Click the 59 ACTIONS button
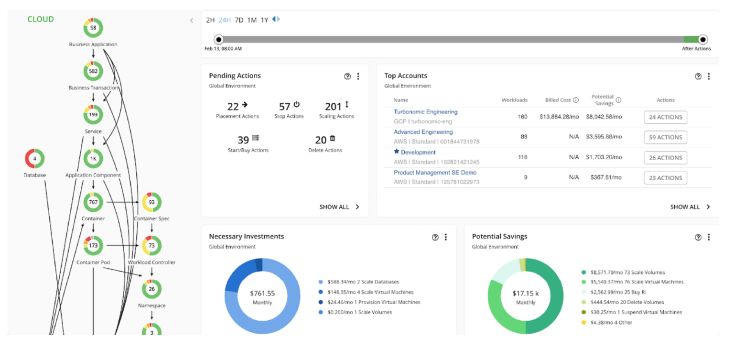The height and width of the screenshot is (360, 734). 665,137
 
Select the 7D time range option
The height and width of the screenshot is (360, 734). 239,20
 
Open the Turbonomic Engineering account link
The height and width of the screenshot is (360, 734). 425,112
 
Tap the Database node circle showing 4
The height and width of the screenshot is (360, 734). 34,159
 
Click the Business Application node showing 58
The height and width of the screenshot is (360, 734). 93,28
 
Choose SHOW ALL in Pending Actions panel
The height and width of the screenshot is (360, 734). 339,207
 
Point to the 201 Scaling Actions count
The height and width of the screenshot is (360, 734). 333,107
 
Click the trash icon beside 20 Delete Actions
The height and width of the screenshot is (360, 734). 333,139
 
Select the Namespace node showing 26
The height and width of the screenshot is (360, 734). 151,289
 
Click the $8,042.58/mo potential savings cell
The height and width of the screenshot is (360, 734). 604,117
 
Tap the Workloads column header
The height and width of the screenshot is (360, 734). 514,100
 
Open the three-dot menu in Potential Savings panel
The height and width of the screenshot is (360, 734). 709,237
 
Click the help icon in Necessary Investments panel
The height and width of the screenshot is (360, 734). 435,237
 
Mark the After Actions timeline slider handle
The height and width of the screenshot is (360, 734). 702,40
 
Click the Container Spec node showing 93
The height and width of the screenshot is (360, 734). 151,202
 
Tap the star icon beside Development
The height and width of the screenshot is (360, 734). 396,152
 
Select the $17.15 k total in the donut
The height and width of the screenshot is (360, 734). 526,293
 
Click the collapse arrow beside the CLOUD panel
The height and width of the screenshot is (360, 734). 192,21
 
